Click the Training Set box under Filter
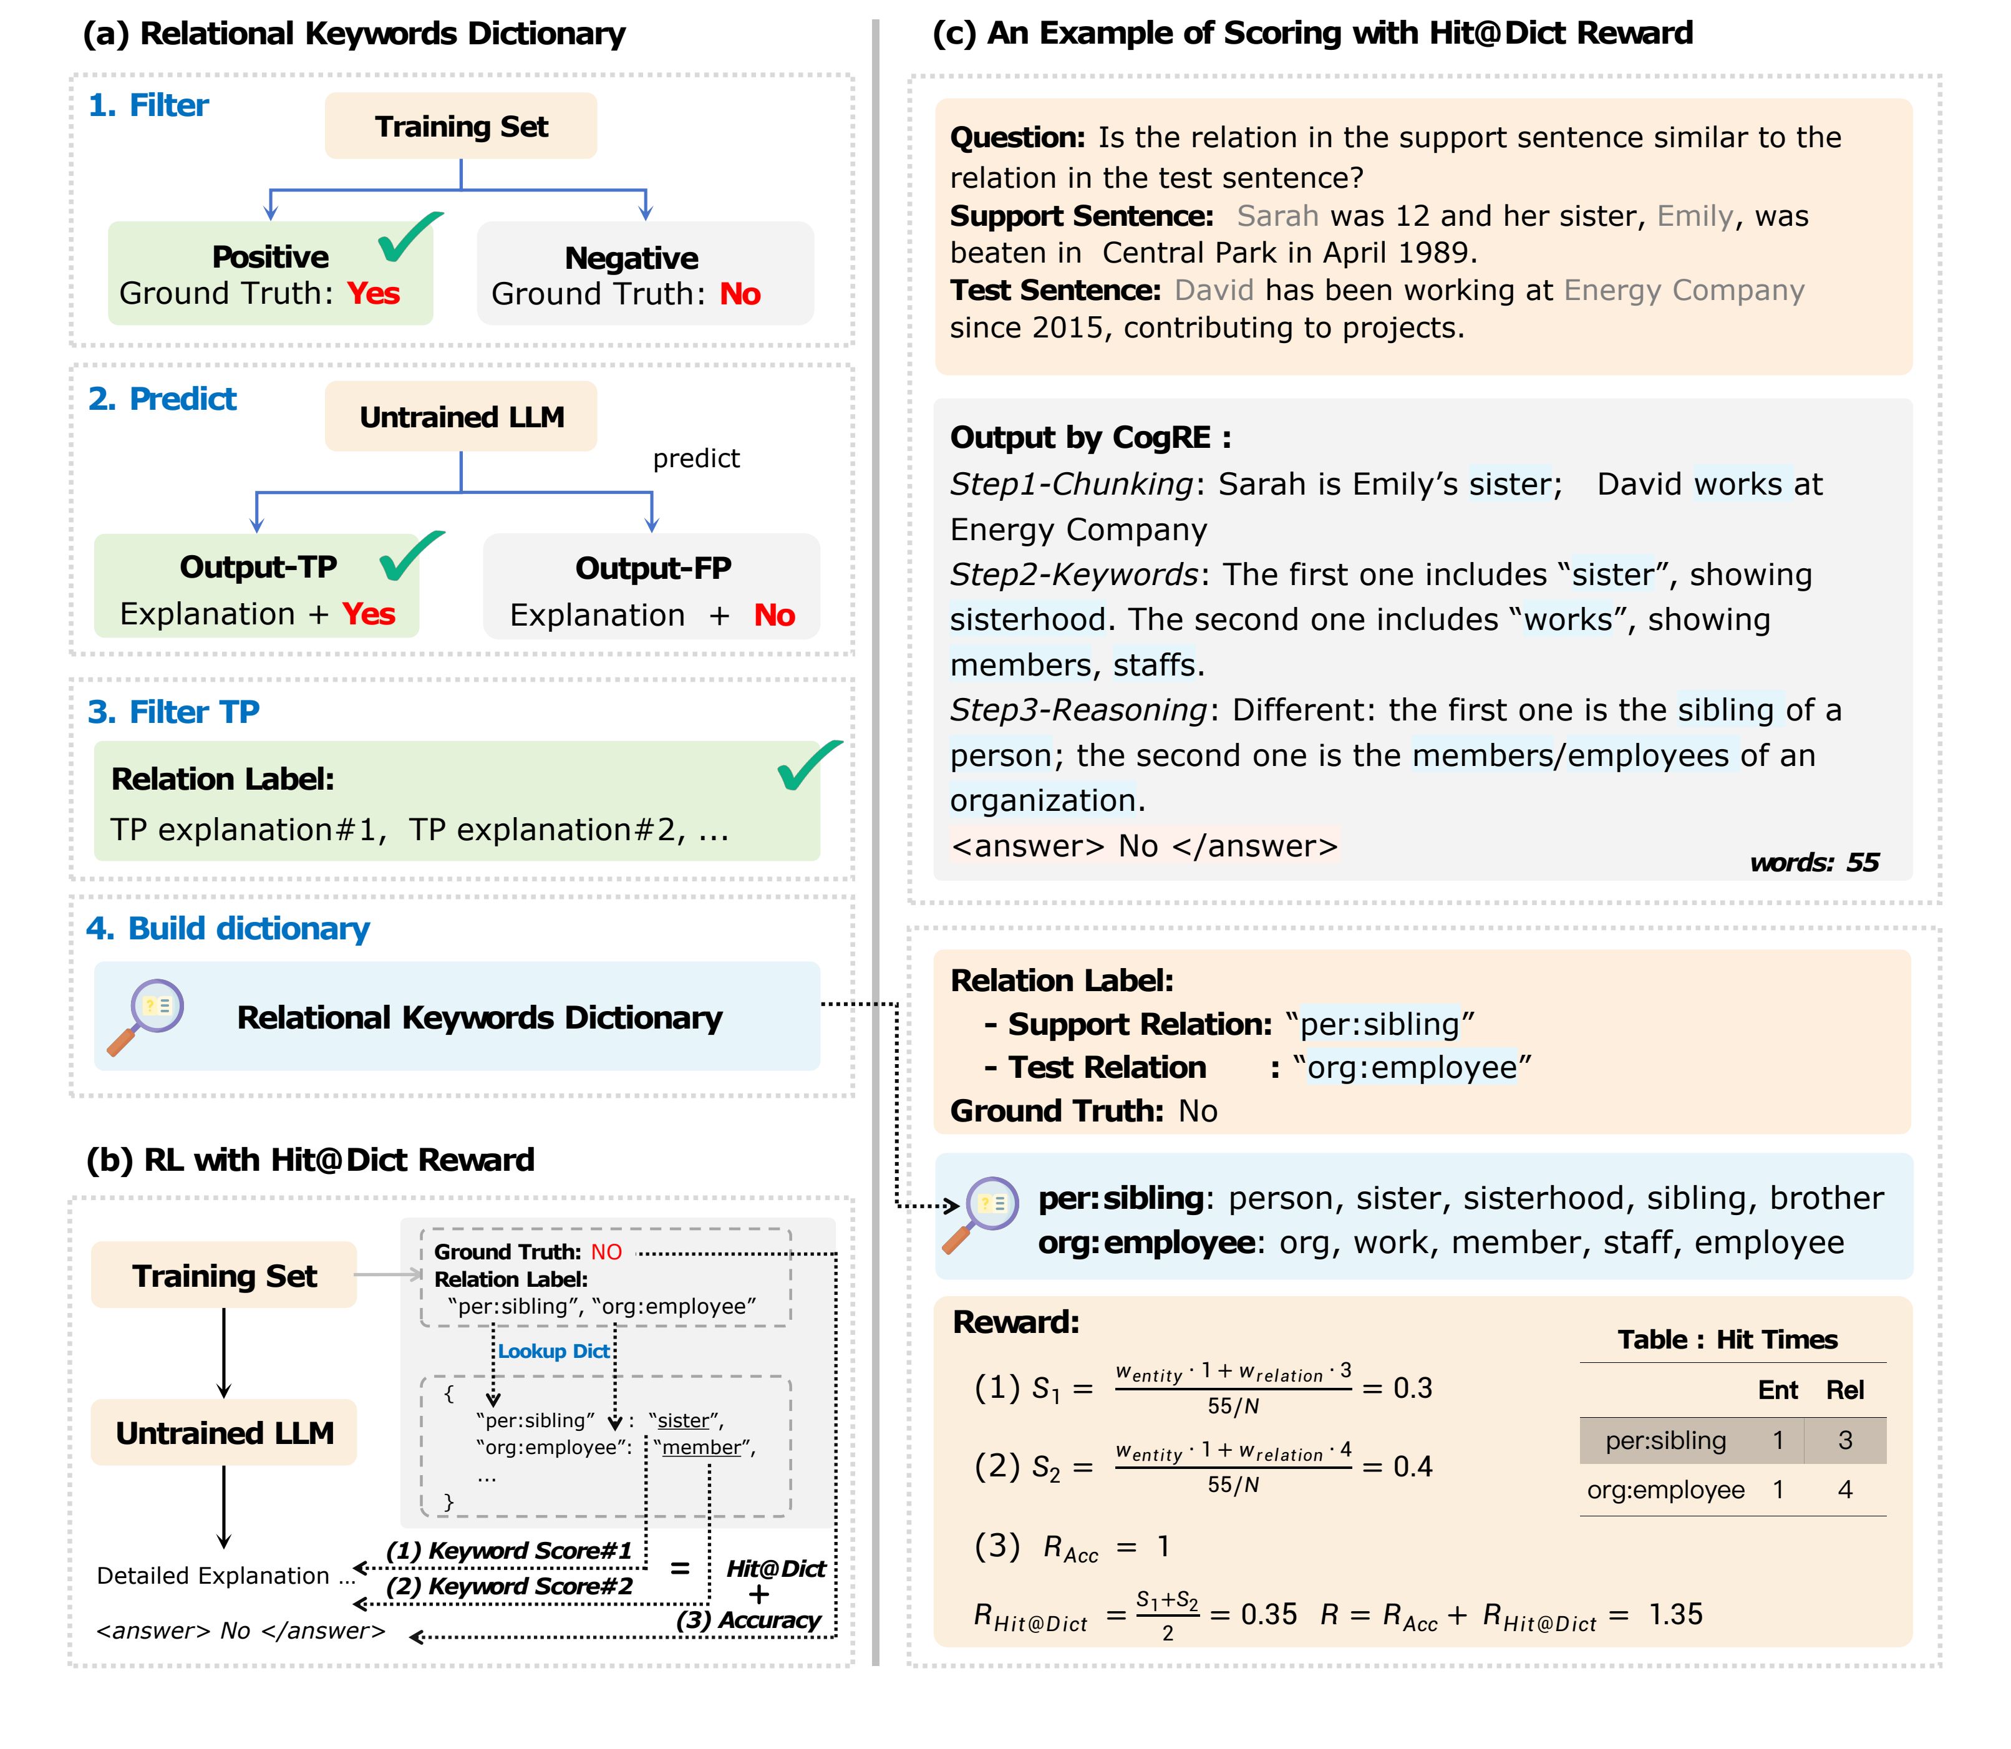[x=461, y=127]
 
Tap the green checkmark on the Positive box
[x=410, y=237]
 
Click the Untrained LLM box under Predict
[x=461, y=417]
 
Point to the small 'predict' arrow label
[x=696, y=458]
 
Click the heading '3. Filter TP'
[x=174, y=712]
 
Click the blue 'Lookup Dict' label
[x=553, y=1352]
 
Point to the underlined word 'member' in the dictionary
[x=701, y=1447]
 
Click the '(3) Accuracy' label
[x=749, y=1620]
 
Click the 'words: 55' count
[x=1814, y=863]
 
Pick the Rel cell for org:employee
[x=1844, y=1490]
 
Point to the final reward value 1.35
[x=1675, y=1614]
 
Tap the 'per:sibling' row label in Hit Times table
[x=1665, y=1441]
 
